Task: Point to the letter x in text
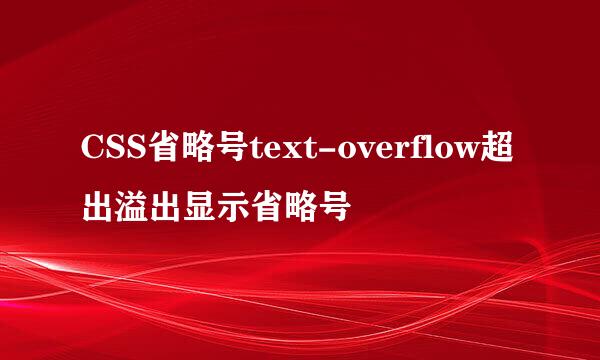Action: [287, 152]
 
